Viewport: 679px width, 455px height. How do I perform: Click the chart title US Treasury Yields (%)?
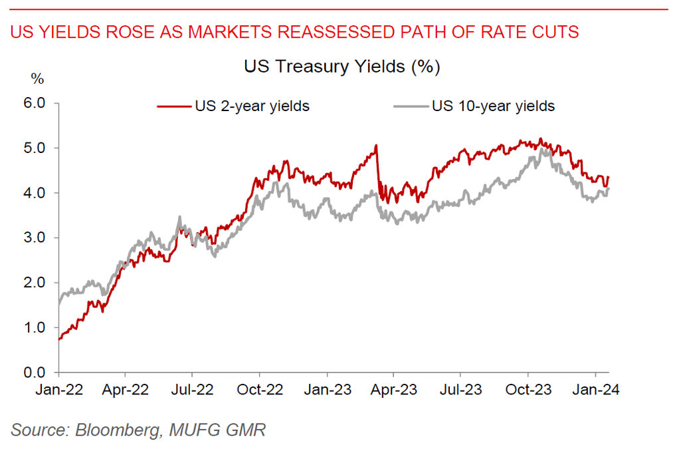click(342, 67)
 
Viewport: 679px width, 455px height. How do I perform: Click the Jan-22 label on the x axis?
click(59, 390)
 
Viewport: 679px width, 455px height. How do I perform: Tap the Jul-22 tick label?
click(193, 390)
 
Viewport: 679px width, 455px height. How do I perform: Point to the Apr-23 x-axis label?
click(394, 390)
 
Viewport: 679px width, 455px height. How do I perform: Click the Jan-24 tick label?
click(596, 390)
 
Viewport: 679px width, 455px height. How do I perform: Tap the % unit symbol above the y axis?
click(37, 79)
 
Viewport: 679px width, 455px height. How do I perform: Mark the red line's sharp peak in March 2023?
click(376, 146)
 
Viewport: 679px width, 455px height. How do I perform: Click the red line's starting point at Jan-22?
click(59, 339)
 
